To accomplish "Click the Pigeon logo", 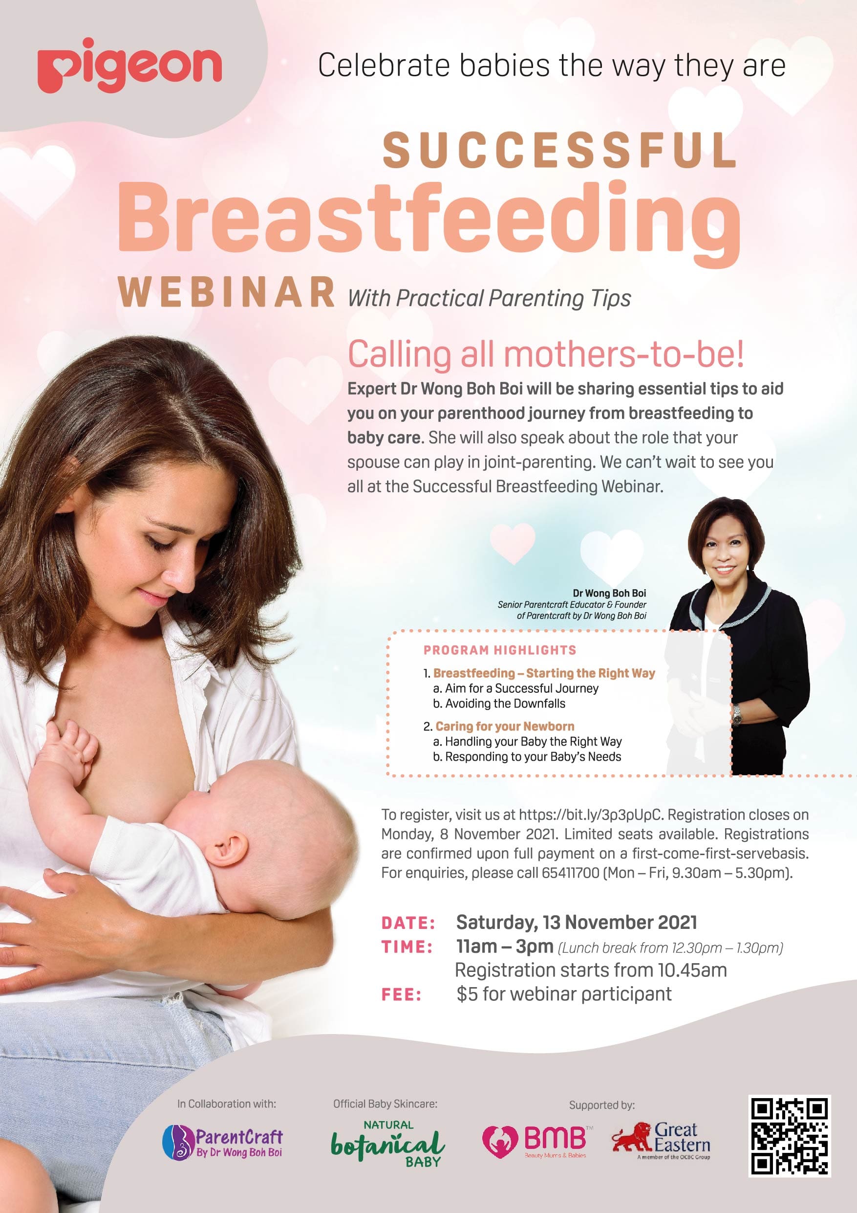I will (129, 66).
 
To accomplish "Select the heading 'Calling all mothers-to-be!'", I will (545, 354).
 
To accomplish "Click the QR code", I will (790, 1136).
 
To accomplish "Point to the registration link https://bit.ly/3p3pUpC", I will (590, 815).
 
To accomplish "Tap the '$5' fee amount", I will (467, 994).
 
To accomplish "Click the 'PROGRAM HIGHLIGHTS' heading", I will (499, 650).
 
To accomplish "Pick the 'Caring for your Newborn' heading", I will (505, 726).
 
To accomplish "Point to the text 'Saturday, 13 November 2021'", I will (576, 923).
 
